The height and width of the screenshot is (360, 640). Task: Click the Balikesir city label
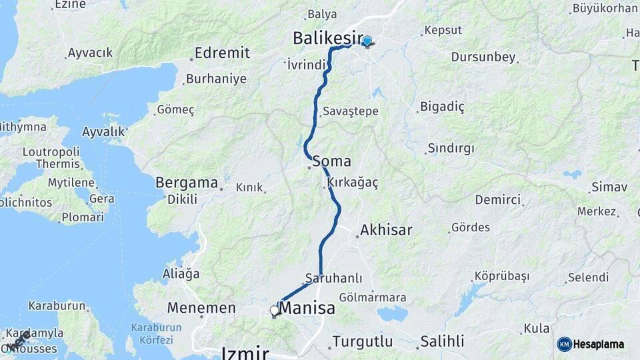click(x=328, y=39)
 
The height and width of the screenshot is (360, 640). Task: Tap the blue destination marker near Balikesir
click(x=367, y=41)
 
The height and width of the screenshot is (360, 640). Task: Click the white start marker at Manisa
click(x=274, y=311)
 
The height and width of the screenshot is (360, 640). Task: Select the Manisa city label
click(x=307, y=309)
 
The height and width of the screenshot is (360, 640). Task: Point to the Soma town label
click(x=331, y=161)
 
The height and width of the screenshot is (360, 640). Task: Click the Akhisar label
click(x=386, y=231)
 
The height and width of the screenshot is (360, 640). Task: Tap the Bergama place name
click(x=187, y=183)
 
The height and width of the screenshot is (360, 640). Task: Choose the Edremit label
click(x=222, y=53)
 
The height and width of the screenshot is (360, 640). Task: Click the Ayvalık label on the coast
click(x=103, y=132)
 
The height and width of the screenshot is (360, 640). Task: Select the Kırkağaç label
click(x=353, y=182)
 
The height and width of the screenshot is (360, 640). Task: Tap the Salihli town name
click(x=441, y=342)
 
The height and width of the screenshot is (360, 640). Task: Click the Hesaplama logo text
click(x=598, y=345)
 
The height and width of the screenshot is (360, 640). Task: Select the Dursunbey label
click(x=483, y=57)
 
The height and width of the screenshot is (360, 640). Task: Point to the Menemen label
click(x=201, y=308)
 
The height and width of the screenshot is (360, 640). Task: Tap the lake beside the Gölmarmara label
click(x=392, y=313)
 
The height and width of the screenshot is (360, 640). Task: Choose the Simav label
click(x=609, y=187)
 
